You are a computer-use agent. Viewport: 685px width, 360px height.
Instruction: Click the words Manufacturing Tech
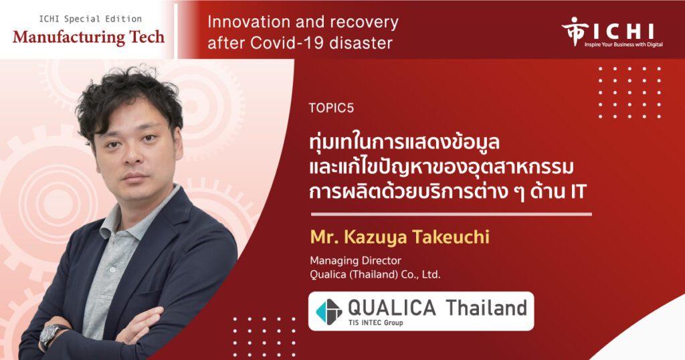(x=89, y=37)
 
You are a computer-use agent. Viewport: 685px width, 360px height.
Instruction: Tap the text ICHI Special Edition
(x=90, y=19)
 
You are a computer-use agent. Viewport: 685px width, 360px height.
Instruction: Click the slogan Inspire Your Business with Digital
(x=624, y=44)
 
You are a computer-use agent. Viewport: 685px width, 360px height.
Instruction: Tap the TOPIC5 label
(x=331, y=108)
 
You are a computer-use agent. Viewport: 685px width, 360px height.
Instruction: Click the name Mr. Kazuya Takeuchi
(x=400, y=237)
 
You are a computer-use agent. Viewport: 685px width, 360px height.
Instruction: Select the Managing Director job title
(x=355, y=260)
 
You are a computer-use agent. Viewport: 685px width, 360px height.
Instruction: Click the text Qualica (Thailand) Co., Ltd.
(x=375, y=274)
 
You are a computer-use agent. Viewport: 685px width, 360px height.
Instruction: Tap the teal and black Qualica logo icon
(x=329, y=312)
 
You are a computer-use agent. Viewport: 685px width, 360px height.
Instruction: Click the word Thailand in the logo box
(x=486, y=308)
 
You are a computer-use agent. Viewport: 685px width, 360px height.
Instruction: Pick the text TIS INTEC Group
(x=375, y=323)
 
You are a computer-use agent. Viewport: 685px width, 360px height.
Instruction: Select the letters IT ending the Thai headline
(x=577, y=192)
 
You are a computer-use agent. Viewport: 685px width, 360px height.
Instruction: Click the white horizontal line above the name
(x=452, y=215)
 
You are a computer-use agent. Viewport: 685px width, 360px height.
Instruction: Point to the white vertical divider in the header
(x=176, y=31)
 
